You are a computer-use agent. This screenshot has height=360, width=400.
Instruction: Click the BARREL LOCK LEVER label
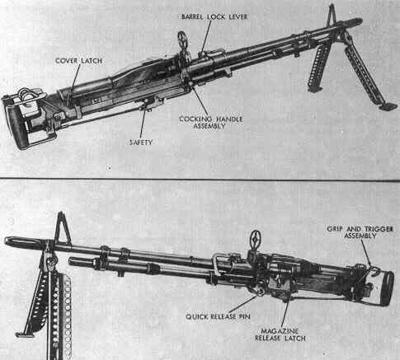pyautogui.click(x=214, y=16)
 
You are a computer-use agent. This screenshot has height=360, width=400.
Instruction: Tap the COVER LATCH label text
pyautogui.click(x=79, y=61)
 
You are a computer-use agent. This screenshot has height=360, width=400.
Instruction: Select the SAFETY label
pyautogui.click(x=141, y=143)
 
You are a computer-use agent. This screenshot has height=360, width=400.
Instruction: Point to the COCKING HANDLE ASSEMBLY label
pyautogui.click(x=211, y=123)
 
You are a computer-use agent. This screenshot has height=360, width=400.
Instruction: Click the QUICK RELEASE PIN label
pyautogui.click(x=218, y=316)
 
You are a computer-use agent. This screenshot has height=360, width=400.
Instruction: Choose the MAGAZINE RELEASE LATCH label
pyautogui.click(x=280, y=334)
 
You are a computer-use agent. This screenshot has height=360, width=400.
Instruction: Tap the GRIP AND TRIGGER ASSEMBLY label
pyautogui.click(x=360, y=232)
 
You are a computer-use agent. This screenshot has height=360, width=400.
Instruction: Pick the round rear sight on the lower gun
pyautogui.click(x=256, y=240)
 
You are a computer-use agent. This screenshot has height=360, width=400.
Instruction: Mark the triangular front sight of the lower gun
pyautogui.click(x=62, y=227)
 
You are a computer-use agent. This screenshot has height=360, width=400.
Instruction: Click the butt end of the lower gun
pyautogui.click(x=386, y=288)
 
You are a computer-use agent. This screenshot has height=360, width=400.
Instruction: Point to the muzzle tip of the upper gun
pyautogui.click(x=360, y=21)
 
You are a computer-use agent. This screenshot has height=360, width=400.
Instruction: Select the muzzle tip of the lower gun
pyautogui.click(x=6, y=241)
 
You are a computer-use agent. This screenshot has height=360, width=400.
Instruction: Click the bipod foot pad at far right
pyautogui.click(x=388, y=106)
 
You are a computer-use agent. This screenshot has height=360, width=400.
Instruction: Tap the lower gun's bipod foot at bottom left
pyautogui.click(x=24, y=334)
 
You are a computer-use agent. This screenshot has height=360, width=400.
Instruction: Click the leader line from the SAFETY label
pyautogui.click(x=143, y=124)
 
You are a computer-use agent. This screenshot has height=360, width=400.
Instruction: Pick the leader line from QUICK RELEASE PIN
pyautogui.click(x=242, y=304)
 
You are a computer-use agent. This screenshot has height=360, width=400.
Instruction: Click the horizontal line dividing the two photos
pyautogui.click(x=200, y=180)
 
